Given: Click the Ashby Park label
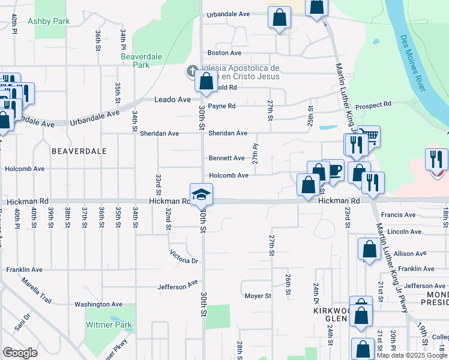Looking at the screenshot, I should coord(49,21).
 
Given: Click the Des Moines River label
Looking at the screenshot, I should coord(412,63).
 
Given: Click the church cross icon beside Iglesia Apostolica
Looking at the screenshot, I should coord(191,72).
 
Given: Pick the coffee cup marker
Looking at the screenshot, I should coord(333,170).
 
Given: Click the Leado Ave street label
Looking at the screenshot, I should coord(172,100).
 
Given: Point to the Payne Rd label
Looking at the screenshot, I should coord(221,106).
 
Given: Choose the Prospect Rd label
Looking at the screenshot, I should coord(373,104).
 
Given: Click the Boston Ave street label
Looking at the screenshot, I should coord(223,53).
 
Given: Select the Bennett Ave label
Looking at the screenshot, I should coord(226,158).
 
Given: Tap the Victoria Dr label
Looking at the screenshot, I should coord(184,257).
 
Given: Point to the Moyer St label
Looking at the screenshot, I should coord(258,296).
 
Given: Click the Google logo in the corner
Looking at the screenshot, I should coord(20,352).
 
